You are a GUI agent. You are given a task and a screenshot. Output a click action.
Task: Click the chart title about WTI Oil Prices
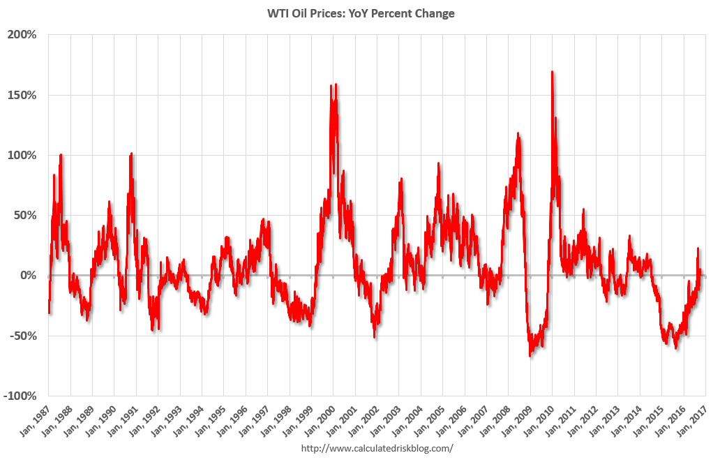361,13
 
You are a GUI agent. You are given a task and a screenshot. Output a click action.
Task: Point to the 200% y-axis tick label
22,35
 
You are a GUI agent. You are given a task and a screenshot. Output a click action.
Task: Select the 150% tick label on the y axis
22,95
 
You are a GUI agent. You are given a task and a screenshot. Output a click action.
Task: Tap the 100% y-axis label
22,155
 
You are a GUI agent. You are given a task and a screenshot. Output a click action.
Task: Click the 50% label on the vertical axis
25,216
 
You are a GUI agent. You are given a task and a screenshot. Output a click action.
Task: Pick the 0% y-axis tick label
28,276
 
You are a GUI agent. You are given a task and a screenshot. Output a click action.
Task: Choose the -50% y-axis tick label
22,336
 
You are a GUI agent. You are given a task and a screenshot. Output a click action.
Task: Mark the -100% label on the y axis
20,396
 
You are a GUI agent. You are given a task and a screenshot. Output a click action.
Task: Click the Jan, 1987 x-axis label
34,420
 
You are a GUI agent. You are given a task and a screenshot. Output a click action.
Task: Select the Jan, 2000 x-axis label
319,420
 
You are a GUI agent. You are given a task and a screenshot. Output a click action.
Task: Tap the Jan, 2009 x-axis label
516,420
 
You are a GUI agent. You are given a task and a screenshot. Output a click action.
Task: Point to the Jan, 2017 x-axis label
691,420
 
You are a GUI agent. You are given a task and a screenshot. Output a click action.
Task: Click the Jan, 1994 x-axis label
188,420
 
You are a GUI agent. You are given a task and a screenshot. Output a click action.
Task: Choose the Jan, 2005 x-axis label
428,420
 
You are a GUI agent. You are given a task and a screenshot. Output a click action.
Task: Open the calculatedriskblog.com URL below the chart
377,448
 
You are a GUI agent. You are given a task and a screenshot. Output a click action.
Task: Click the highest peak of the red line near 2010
552,72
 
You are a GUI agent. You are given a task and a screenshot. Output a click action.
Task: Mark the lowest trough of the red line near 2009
530,356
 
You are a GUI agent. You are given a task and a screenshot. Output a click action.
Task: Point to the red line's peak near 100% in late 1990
131,154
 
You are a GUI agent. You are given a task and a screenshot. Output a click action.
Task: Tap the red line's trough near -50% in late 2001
375,338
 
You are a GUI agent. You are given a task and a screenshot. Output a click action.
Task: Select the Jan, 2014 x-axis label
625,420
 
